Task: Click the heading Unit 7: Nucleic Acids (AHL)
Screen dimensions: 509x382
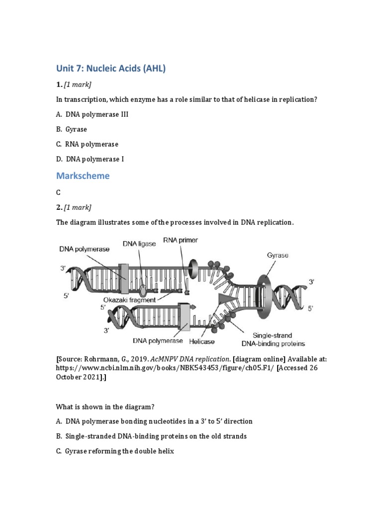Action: tap(110, 69)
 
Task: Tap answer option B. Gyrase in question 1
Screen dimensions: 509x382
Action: tap(72, 129)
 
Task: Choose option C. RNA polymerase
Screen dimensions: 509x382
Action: tap(87, 144)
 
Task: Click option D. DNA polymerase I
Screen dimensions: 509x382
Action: tap(90, 159)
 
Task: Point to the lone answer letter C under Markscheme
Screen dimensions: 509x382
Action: tap(59, 192)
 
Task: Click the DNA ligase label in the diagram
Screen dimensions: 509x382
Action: tap(139, 244)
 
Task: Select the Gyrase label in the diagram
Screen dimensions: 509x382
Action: tap(278, 255)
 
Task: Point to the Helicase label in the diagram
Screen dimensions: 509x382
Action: tap(202, 341)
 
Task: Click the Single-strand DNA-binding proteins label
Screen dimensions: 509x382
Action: tap(273, 339)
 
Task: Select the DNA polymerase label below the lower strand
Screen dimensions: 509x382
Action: tap(158, 341)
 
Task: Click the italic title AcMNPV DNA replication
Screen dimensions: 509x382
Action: tap(192, 359)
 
